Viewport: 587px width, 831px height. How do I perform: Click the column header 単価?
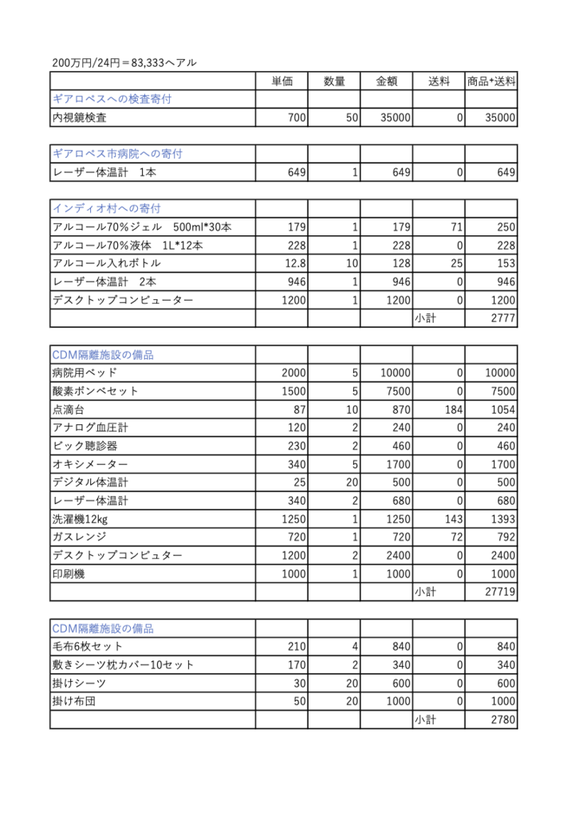coord(282,81)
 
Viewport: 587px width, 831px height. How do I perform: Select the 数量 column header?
coord(334,81)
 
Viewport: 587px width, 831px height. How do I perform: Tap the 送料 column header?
coord(439,81)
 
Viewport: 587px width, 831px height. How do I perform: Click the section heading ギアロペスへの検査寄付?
coord(112,100)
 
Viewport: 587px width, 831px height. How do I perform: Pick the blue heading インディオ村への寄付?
coord(107,209)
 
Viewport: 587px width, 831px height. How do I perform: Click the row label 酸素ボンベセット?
coord(95,391)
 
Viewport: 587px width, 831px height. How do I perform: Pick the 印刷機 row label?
coord(69,573)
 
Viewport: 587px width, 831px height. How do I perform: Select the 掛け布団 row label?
coord(73,701)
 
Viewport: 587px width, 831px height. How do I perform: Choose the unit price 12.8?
coord(293,263)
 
